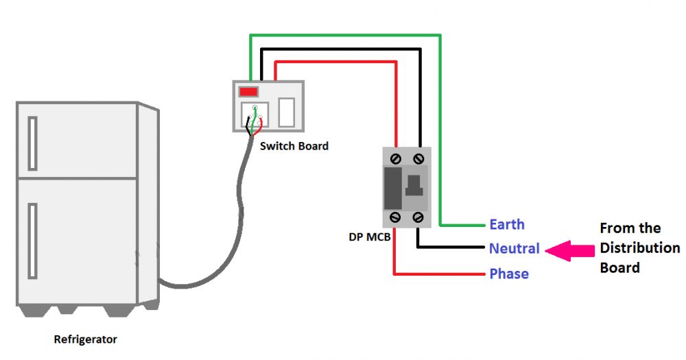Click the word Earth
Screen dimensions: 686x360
pos(507,224)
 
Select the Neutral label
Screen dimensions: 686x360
pos(514,248)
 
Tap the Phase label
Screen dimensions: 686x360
pos(509,274)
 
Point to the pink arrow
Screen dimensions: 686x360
pos(569,251)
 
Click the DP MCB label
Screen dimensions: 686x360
pos(369,237)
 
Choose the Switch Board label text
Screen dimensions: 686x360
pos(294,146)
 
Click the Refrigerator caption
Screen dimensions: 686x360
pos(85,339)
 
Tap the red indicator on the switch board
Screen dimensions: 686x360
pos(248,92)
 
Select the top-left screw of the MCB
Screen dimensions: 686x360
pos(396,158)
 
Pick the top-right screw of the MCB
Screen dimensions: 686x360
pos(418,158)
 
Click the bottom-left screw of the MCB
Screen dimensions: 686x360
pos(395,217)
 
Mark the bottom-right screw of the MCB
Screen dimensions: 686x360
pos(418,217)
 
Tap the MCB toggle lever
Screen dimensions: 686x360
pos(414,185)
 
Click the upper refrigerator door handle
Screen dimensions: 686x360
pos(32,143)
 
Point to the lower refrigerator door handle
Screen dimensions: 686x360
pos(32,241)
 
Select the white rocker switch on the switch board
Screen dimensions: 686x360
pos(287,112)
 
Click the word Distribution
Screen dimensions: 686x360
pos(639,248)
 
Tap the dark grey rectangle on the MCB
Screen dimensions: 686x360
pos(393,188)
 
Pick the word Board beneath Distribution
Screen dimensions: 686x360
pos(619,267)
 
